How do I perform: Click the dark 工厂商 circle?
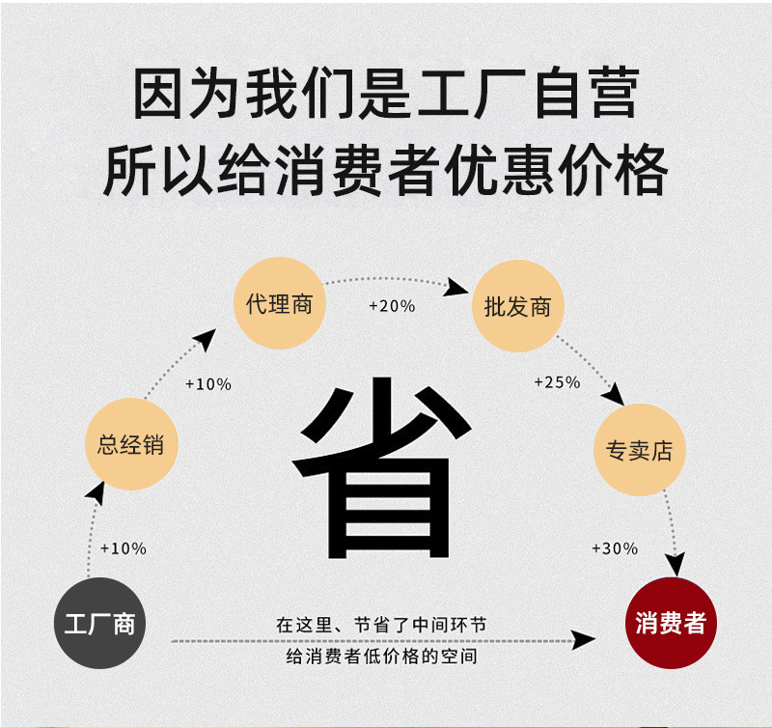(98, 623)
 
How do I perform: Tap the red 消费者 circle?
(671, 623)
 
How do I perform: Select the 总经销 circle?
(130, 445)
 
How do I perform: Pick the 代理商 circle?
(280, 305)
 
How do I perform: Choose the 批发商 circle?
(517, 307)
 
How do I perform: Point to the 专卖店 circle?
(638, 451)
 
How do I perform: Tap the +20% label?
(392, 306)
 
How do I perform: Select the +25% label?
(557, 382)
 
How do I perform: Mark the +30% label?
(615, 548)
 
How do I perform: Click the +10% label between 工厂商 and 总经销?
(124, 548)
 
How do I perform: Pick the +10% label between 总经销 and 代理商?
(208, 383)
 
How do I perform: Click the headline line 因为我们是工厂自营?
(386, 94)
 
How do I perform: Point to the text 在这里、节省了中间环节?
(381, 625)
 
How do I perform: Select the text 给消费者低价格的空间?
(382, 657)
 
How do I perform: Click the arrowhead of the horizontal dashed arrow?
(584, 639)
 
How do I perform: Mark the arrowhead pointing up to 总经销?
(95, 491)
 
